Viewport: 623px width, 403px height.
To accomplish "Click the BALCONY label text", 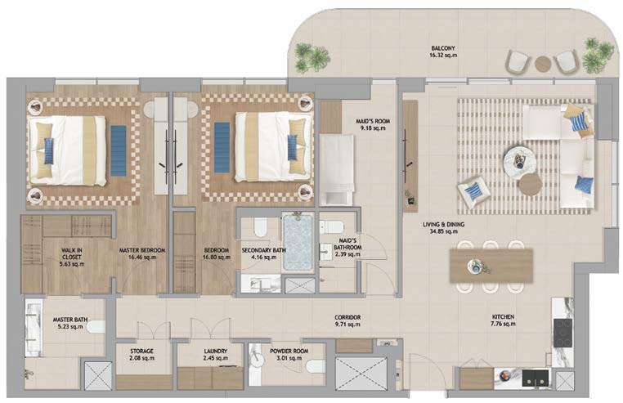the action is coord(443,48).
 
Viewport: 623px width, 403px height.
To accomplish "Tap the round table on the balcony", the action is coord(542,63).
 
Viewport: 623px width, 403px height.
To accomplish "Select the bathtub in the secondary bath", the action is coord(298,243).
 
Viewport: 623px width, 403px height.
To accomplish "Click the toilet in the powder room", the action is coord(316,365).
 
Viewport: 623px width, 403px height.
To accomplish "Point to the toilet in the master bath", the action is coord(96,327).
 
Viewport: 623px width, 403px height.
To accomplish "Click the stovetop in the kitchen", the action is coord(563,333).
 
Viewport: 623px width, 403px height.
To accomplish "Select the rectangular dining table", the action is coord(491,266).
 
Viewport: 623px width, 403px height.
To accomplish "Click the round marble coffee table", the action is coord(520,160).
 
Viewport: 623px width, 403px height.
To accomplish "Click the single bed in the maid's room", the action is coord(337,170).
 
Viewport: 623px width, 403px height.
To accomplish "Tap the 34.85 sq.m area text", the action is coord(443,231).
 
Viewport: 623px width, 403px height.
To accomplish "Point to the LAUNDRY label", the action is coord(215,351).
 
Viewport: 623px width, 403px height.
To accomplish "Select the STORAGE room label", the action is coord(141,351).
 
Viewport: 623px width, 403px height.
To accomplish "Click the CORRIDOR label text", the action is coord(347,317).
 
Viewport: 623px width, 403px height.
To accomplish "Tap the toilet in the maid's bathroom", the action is coord(331,227).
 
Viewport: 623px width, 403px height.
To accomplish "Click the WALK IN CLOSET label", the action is coord(72,253).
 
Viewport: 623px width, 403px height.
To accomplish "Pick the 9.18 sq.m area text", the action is coord(373,128).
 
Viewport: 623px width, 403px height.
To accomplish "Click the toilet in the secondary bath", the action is coord(261,226).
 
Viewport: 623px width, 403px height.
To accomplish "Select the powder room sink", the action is coord(257,355).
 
